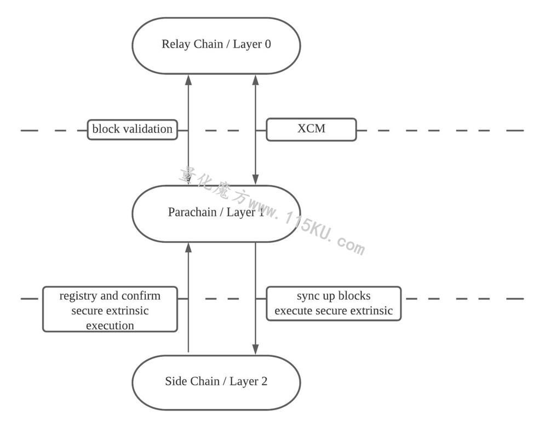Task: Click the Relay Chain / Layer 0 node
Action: [216, 45]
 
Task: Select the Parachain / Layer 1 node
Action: [216, 214]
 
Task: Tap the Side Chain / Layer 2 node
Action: [216, 383]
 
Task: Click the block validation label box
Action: [133, 130]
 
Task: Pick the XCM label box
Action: [312, 129]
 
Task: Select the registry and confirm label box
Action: [110, 309]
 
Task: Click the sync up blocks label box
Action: [334, 303]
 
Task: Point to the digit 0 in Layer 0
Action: [268, 44]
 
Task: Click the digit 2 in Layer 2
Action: [264, 382]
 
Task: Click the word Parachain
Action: [192, 212]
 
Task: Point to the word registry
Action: [78, 296]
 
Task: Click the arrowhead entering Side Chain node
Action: [255, 349]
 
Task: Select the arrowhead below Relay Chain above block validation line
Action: [188, 80]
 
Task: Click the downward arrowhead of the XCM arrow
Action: [255, 180]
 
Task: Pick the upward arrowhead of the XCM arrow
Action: [255, 80]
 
